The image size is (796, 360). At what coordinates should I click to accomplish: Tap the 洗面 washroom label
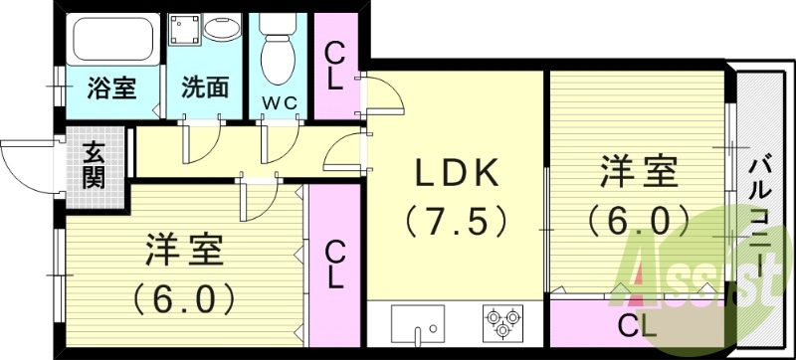click(x=204, y=87)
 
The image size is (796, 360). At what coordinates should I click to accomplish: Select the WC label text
click(x=280, y=101)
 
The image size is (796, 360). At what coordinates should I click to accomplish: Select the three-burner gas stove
click(x=500, y=321)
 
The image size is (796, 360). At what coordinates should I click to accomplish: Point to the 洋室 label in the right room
click(x=638, y=172)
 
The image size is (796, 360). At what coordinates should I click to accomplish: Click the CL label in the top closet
click(x=334, y=66)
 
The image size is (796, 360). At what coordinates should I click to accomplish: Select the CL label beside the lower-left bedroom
click(x=336, y=264)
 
